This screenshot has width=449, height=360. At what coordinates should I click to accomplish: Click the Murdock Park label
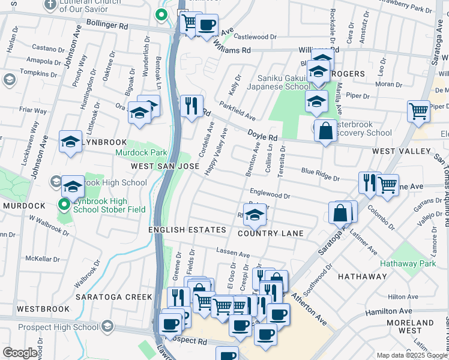point(142,152)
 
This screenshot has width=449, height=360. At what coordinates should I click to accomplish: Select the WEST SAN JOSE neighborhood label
point(164,166)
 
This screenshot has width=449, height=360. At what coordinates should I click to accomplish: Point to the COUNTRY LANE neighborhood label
point(271,233)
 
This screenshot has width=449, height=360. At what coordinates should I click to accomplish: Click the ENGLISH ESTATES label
point(188,230)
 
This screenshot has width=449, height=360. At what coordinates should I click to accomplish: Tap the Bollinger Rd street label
point(107,26)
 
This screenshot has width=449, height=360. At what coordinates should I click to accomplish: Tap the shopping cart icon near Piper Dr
point(418,110)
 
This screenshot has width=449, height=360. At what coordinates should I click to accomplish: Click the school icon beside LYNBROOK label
point(70,142)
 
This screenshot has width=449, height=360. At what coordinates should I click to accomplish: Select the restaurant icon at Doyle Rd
point(191,106)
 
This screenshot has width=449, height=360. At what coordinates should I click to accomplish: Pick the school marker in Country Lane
point(255,215)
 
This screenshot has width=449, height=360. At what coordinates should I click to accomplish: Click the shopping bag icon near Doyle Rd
point(325,130)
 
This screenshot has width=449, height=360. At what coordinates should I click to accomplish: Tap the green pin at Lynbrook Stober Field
point(65,205)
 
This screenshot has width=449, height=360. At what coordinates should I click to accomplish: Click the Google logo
point(20,353)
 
